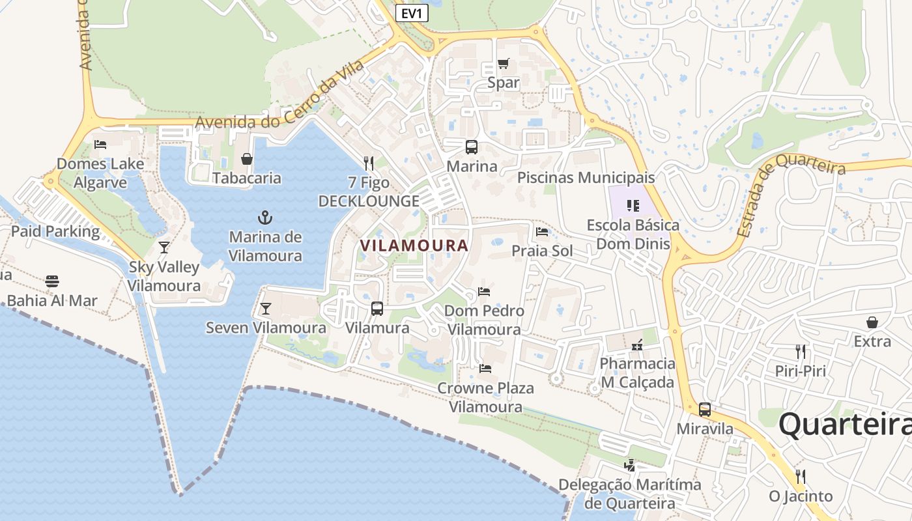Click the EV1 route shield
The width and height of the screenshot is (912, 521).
coord(412,12)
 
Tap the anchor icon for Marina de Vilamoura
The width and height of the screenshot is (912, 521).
coord(265,218)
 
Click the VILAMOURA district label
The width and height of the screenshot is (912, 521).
coord(414,246)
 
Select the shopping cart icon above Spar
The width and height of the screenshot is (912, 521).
coord(503,64)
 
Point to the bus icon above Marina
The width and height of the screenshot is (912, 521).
coord(471,147)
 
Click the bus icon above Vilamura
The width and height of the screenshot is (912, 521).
coord(377,309)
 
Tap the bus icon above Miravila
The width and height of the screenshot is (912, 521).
coord(705,410)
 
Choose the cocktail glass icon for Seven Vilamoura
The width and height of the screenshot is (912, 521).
coord(265,309)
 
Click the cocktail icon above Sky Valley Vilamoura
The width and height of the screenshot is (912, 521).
coord(164,247)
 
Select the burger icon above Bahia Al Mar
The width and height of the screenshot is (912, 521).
coord(52,281)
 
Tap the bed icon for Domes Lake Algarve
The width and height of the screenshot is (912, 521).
coord(100,145)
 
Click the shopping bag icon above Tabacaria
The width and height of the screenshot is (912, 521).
coord(247,159)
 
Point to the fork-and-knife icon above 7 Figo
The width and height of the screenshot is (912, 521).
coord(369,163)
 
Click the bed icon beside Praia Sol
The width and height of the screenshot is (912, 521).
coord(541,232)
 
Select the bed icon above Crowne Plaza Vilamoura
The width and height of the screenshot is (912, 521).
coord(485,369)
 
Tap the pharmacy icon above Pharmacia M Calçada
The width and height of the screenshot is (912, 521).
coord(637,344)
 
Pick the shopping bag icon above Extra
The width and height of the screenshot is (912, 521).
coord(872,322)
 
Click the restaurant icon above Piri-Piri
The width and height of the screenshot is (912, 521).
coord(800,352)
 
